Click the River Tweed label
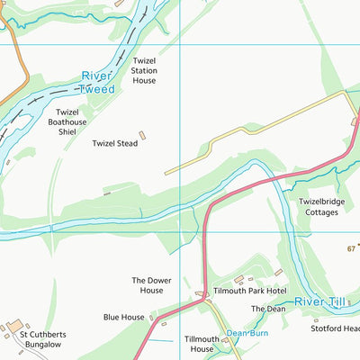tap(97, 83)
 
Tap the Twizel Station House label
tap(143, 69)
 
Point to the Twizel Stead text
tap(114, 143)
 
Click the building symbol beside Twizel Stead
tap(142, 136)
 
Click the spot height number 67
tap(351, 248)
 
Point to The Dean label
tap(267, 309)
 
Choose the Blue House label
tap(123, 317)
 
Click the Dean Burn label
tap(247, 332)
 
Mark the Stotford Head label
tap(335, 328)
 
